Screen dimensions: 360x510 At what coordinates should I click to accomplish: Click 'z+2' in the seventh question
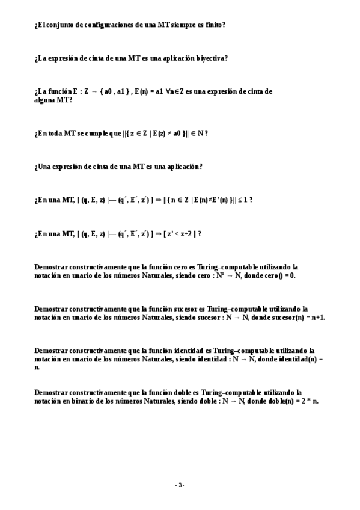coord(184,233)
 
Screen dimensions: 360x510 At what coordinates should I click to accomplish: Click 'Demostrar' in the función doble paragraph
coord(51,392)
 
